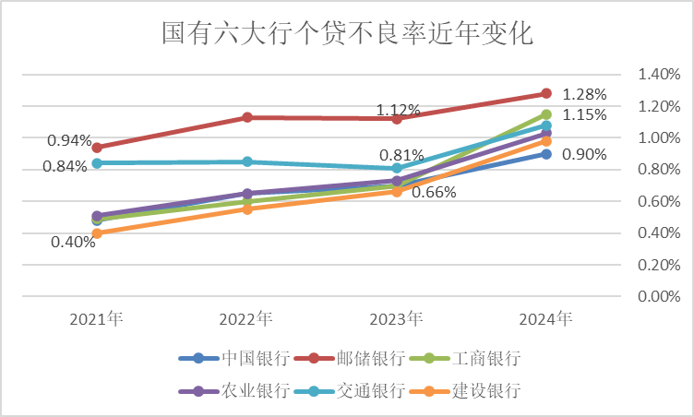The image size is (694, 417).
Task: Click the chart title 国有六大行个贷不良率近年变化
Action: tap(347, 34)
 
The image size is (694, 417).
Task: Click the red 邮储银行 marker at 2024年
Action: tap(546, 93)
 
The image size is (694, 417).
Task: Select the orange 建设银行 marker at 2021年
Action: tap(97, 233)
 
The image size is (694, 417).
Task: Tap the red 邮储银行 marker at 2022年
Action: tap(246, 117)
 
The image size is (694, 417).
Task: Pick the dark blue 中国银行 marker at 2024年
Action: tap(546, 154)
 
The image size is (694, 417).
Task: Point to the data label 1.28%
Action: tap(584, 94)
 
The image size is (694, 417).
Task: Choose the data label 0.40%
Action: tap(74, 243)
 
